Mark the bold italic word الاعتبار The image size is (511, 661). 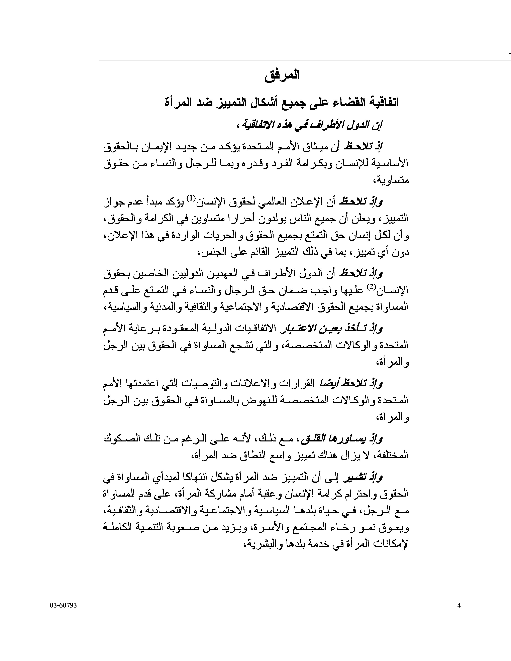click(x=294, y=328)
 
